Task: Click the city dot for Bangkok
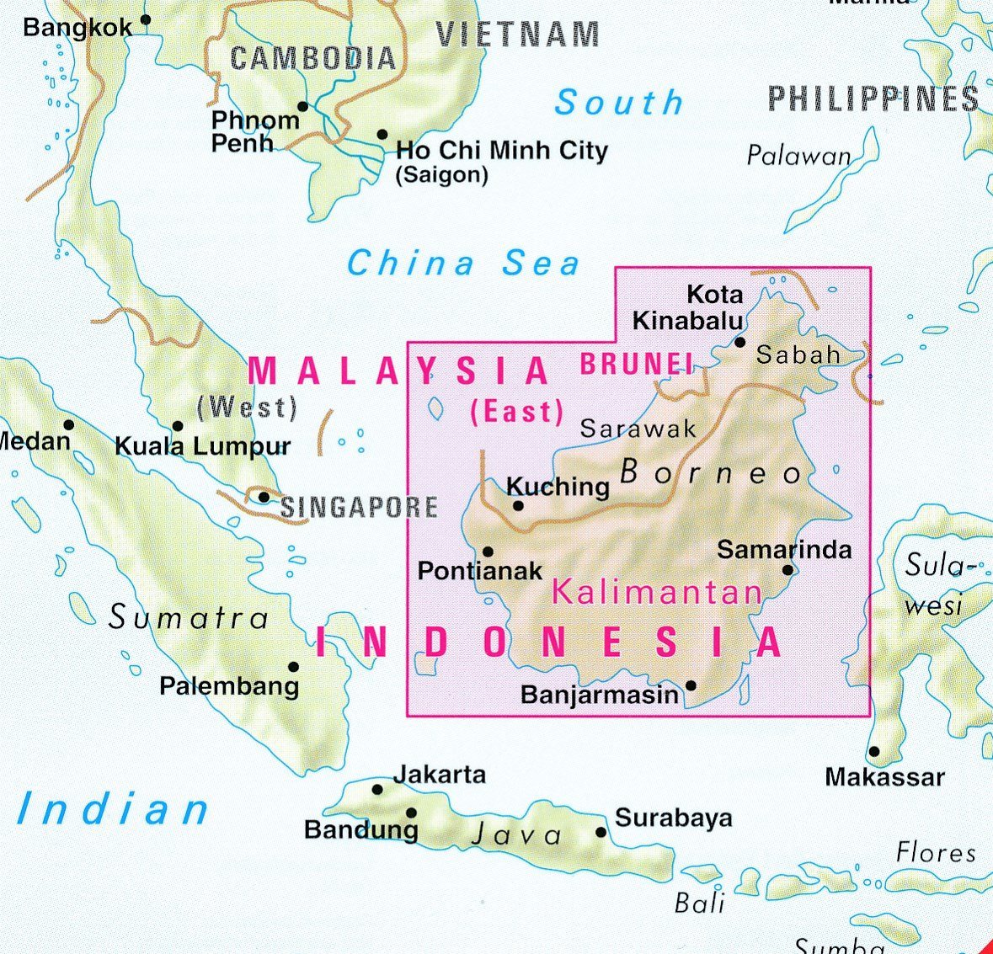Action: click(x=146, y=19)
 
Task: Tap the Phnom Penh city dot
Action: click(x=303, y=107)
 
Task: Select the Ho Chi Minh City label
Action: click(x=501, y=151)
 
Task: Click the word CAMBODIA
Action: click(x=312, y=58)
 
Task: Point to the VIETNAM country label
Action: click(x=517, y=35)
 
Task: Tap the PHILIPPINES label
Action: click(x=873, y=99)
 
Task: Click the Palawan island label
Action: click(x=798, y=156)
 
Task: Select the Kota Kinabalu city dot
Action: click(x=740, y=342)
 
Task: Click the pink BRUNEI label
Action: click(x=636, y=364)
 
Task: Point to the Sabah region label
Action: click(x=798, y=354)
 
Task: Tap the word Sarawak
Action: click(x=638, y=429)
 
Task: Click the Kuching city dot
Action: click(x=518, y=506)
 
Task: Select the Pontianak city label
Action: click(x=480, y=571)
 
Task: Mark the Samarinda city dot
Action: click(x=788, y=570)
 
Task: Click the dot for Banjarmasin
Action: click(x=691, y=685)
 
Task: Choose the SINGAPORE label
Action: click(x=359, y=507)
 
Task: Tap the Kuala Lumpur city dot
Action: click(x=178, y=426)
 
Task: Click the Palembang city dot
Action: click(x=294, y=667)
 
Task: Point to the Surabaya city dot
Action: click(x=601, y=833)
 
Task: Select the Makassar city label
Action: click(x=884, y=776)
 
